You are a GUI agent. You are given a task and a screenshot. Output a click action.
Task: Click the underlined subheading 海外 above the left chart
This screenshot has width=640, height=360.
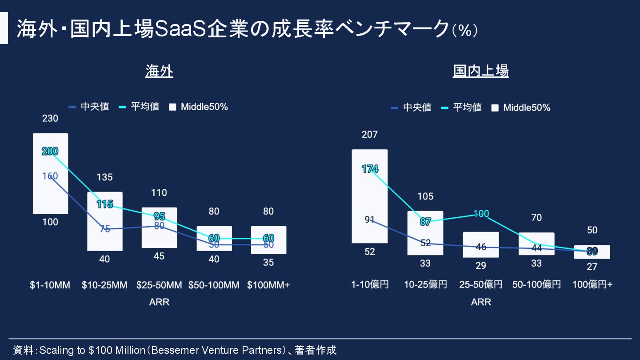(159, 71)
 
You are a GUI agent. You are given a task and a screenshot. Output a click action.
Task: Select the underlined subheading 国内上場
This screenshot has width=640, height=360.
(480, 71)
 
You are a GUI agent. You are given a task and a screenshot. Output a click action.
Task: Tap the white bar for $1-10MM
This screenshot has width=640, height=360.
(50, 196)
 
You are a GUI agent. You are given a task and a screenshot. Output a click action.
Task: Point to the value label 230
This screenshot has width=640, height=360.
(50, 119)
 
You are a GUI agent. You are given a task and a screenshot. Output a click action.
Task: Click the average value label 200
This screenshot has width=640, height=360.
(50, 151)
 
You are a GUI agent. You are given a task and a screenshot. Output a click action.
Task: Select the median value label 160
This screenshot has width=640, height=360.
(50, 176)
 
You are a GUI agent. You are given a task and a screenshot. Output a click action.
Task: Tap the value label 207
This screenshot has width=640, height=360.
(369, 134)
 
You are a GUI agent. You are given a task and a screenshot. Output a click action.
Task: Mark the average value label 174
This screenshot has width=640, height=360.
(370, 169)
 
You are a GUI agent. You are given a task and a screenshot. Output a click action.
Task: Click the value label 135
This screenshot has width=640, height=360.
(104, 177)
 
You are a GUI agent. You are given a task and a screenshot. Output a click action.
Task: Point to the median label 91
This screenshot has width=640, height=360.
(370, 220)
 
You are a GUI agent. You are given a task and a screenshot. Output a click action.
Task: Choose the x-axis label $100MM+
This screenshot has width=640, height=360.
(268, 285)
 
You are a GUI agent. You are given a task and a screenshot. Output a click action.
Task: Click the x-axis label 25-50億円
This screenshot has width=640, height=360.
(481, 284)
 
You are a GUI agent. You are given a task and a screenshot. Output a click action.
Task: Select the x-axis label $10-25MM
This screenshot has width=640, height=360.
(104, 285)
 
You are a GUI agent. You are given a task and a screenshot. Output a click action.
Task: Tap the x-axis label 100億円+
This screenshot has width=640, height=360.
(592, 284)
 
